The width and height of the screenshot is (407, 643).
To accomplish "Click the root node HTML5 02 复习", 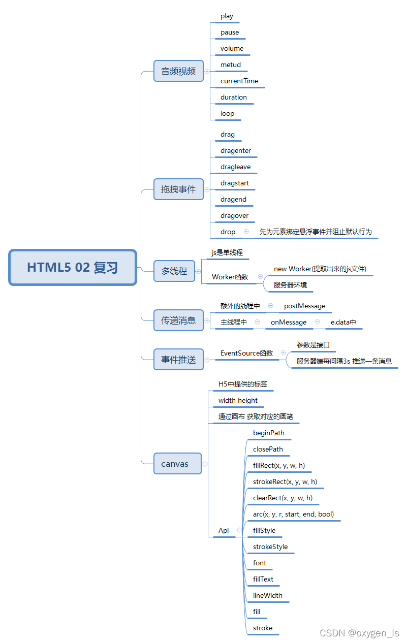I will point(73,267).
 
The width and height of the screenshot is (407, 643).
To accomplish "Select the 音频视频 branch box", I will point(178,71).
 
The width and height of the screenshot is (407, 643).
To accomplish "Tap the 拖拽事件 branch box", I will point(178,189).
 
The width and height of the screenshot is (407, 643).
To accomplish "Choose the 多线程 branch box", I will point(174,271).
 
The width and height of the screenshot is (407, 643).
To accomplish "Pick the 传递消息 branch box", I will point(178,320).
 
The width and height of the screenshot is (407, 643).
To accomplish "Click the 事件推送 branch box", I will point(178,360).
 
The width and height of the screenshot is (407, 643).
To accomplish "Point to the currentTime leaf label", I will point(239,81).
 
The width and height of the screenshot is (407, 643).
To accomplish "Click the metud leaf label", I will point(231,65).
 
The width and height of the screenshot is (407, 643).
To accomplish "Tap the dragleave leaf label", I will point(235,167).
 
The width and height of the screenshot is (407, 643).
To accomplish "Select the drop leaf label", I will point(228,232).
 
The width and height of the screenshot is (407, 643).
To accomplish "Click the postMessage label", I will point(305,306).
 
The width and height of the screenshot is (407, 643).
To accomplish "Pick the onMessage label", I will point(289,323).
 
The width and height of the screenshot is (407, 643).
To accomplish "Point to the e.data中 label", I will point(343,323).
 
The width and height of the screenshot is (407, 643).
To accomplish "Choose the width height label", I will point(238,401).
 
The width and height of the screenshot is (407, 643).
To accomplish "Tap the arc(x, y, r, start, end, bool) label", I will point(293,515).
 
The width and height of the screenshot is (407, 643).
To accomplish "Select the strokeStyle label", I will point(270,547).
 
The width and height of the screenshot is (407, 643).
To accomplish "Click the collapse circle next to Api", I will point(239,530).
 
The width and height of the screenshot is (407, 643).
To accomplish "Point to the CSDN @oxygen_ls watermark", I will point(359,633).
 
